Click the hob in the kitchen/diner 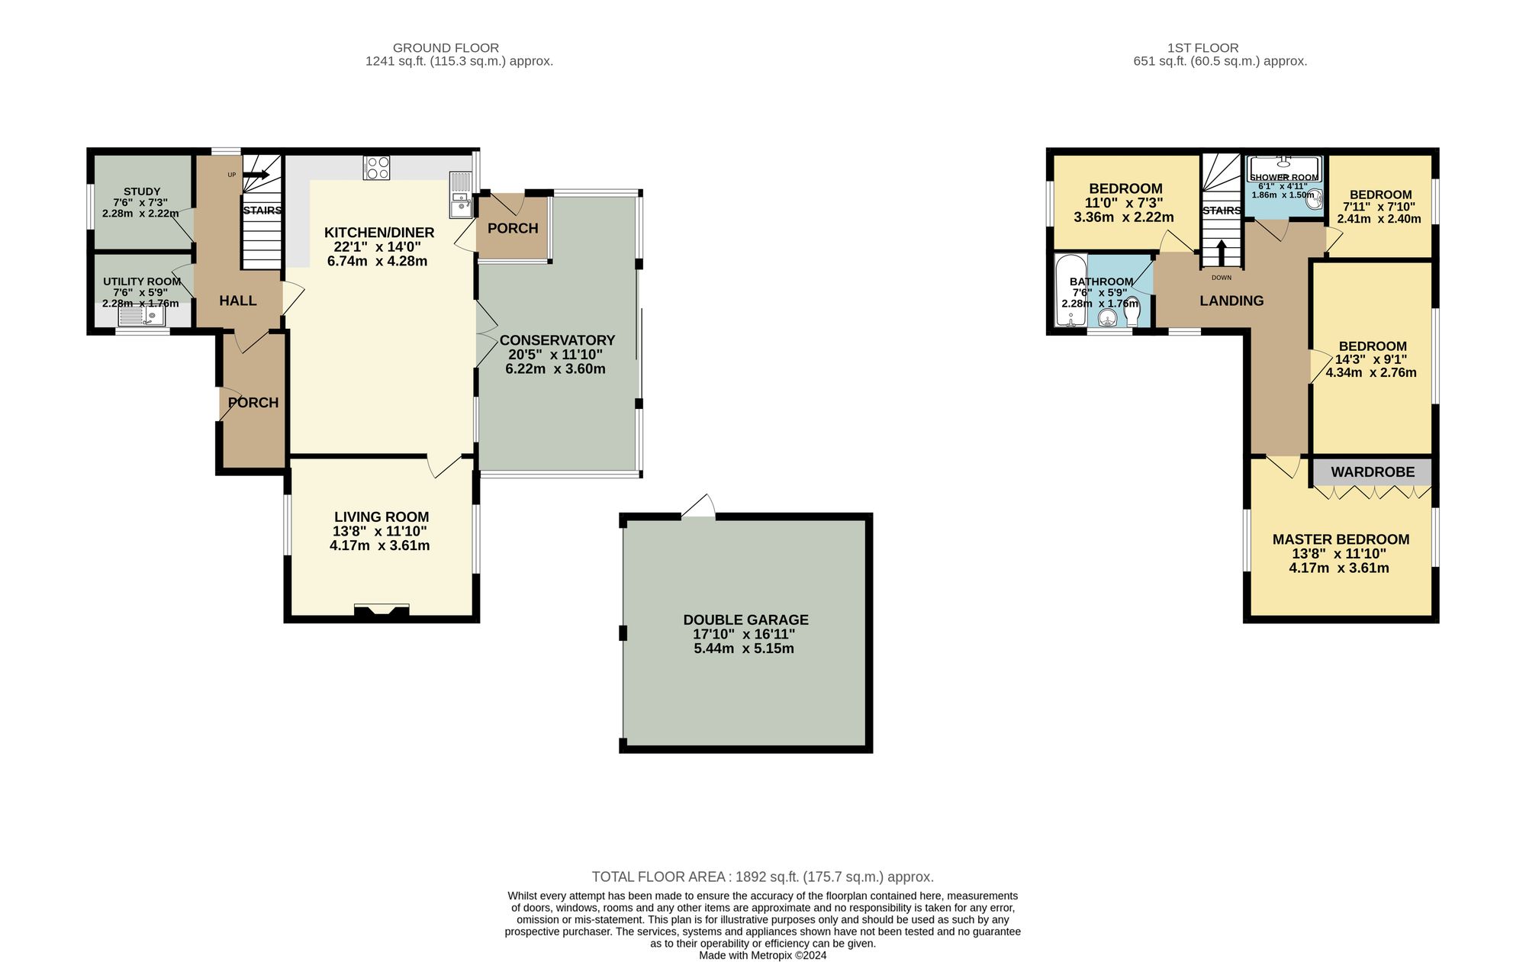coord(377,167)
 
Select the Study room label coord(142,191)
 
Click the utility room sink coord(142,316)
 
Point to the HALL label coord(238,301)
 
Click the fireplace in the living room coord(381,610)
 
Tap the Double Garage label coord(745,620)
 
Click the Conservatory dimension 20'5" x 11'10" coord(555,355)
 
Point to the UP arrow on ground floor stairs coord(256,175)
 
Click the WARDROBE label coord(1373,472)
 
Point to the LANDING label coord(1231,301)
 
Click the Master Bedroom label coord(1341,539)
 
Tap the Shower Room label coord(1284,177)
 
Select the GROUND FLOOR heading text coord(446,48)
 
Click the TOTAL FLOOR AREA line coord(762,877)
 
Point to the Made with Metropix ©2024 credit coord(762,955)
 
